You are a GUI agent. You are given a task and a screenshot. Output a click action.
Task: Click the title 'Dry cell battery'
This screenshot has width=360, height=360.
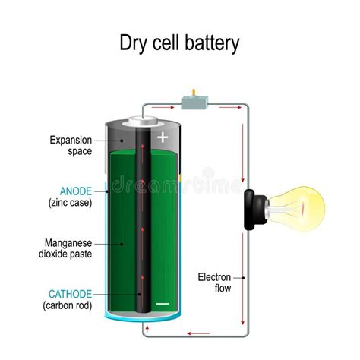coord(179,43)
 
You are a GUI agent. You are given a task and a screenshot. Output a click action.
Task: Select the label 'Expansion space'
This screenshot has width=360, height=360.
coord(71,145)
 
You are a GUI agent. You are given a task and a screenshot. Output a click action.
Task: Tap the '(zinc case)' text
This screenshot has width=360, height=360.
coord(71,203)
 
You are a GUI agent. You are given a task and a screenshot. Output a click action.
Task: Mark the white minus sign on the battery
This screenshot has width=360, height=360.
coord(163,303)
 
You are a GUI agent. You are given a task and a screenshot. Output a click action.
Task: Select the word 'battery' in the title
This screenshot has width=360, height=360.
coord(214,43)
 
